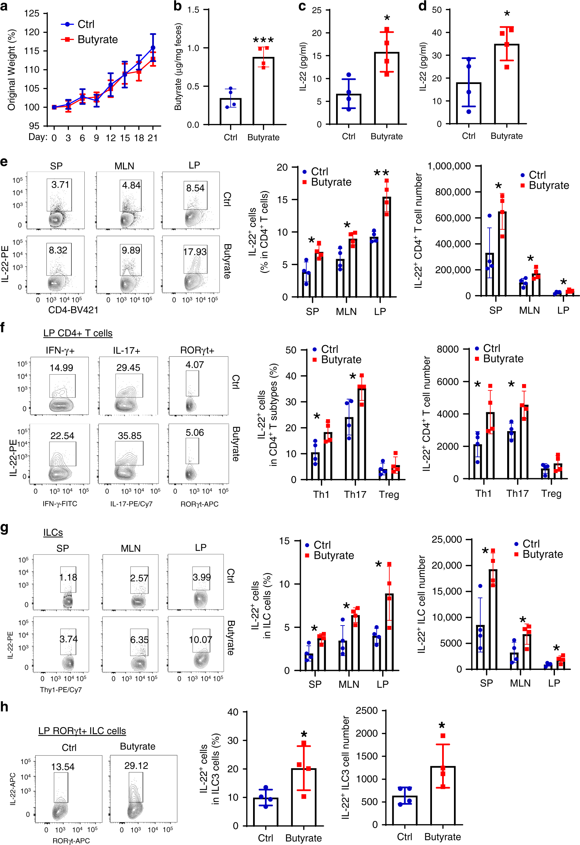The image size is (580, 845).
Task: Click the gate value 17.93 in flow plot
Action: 195,252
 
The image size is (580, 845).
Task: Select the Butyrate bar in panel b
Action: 263,91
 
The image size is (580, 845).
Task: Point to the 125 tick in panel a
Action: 32,14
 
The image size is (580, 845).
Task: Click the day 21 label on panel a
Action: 153,138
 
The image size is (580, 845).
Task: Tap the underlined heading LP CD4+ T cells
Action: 78,333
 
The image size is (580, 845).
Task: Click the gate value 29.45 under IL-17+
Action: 128,367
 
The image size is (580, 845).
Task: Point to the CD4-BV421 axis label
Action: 73,310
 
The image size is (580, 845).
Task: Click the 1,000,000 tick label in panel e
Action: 450,166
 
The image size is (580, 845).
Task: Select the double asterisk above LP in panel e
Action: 381,172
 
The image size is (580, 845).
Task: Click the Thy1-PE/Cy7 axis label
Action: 61,690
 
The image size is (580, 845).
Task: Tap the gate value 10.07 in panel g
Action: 200,639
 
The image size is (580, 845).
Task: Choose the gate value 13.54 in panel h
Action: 63,767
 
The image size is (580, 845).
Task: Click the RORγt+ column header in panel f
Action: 197,350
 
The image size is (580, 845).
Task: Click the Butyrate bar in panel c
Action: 387,88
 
